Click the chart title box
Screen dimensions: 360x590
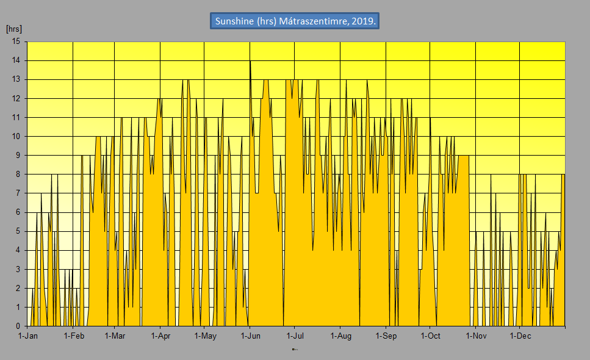tap(295, 21)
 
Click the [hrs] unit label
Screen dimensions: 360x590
tap(13, 29)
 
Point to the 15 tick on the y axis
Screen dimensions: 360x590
tap(16, 41)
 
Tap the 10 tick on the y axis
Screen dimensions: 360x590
tap(16, 136)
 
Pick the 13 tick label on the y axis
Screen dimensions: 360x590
tap(16, 79)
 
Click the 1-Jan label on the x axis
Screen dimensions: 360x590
tap(29, 336)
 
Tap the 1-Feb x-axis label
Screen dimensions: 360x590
tap(73, 336)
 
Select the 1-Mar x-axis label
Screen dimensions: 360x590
tap(115, 336)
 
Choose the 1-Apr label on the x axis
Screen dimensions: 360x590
tap(160, 336)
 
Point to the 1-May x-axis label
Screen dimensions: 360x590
tap(205, 336)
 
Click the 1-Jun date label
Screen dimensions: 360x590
tap(250, 336)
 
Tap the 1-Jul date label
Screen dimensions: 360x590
tap(295, 336)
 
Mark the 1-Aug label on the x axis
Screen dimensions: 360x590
tap(340, 336)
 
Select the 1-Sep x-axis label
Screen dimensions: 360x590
tap(386, 336)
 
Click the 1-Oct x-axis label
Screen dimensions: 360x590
tap(430, 336)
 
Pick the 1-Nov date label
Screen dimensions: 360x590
tap(475, 336)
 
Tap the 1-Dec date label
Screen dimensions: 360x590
tap(520, 336)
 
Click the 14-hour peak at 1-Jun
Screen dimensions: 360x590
tap(250, 61)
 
